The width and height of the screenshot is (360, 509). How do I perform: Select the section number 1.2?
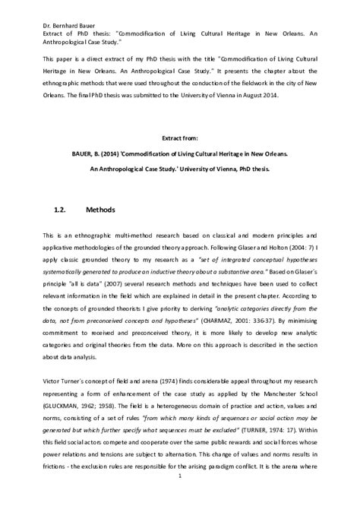tap(63, 207)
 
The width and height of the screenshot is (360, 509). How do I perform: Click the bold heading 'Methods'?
tap(100, 207)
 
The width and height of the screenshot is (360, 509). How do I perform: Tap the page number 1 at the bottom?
tap(179, 498)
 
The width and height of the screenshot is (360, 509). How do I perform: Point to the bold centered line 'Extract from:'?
tap(179, 138)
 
